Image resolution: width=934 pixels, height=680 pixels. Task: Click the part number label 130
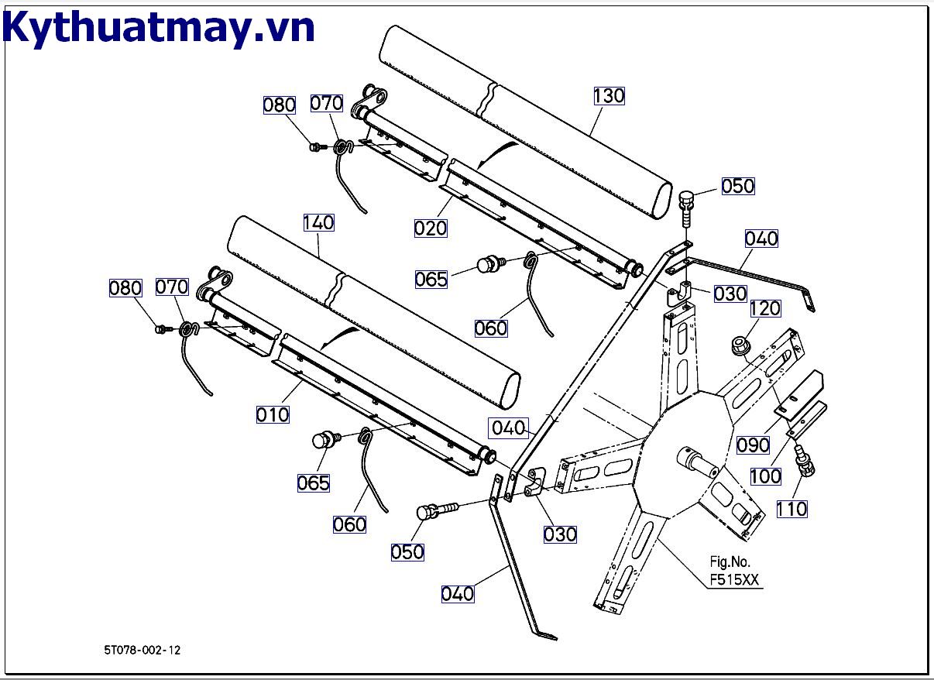coord(609,96)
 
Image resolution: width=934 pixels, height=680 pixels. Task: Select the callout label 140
coord(318,223)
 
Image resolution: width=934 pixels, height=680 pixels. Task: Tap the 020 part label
coord(431,228)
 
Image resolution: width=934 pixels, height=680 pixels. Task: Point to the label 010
coord(273,414)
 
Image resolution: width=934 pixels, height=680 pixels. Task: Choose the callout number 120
coord(764,308)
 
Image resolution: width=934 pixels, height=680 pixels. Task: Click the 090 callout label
coord(753,445)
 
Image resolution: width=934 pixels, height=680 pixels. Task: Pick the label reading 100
coord(766,476)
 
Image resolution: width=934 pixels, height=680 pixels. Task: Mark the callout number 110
coord(791,509)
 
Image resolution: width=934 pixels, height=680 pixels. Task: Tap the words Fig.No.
coord(730,562)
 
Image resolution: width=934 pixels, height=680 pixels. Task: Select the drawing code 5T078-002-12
coord(143,651)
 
